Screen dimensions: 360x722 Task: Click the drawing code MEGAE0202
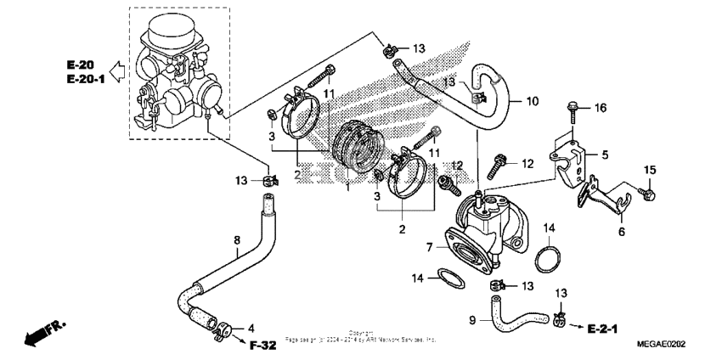[x=661, y=344]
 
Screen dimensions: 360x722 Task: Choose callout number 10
[x=532, y=101]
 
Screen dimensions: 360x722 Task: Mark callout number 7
[x=431, y=246]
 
